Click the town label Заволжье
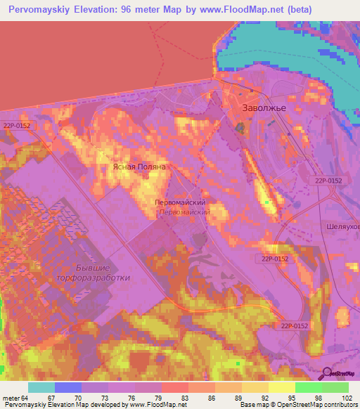pos(264,109)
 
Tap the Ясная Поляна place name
pos(139,168)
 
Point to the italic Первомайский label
pos(185,211)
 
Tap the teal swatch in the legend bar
pos(41,387)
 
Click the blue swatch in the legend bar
pos(68,387)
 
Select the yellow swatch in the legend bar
pos(282,387)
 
